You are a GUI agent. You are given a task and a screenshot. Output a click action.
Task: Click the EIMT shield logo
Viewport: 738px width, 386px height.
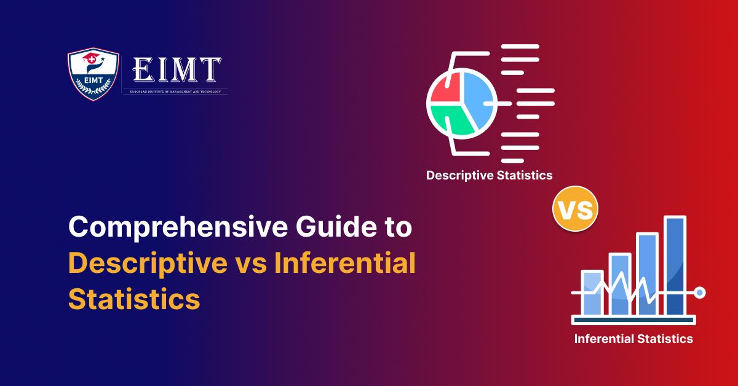(92, 74)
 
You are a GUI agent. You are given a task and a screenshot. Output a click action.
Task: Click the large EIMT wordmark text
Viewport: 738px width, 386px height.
(177, 70)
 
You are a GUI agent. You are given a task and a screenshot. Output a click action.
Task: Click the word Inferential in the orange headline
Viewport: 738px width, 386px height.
(345, 265)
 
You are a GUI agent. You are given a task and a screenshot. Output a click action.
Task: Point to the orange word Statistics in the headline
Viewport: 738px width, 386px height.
(134, 301)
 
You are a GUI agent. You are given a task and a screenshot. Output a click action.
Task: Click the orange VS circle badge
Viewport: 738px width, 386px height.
(576, 211)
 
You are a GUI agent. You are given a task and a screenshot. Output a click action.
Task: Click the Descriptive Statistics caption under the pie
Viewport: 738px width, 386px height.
(489, 176)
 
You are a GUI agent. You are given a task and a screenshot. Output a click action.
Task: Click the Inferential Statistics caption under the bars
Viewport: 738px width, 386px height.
(633, 339)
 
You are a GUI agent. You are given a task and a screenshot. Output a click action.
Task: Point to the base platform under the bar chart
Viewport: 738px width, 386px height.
(633, 320)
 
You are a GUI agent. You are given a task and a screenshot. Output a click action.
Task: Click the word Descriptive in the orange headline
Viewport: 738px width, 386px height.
(148, 265)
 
